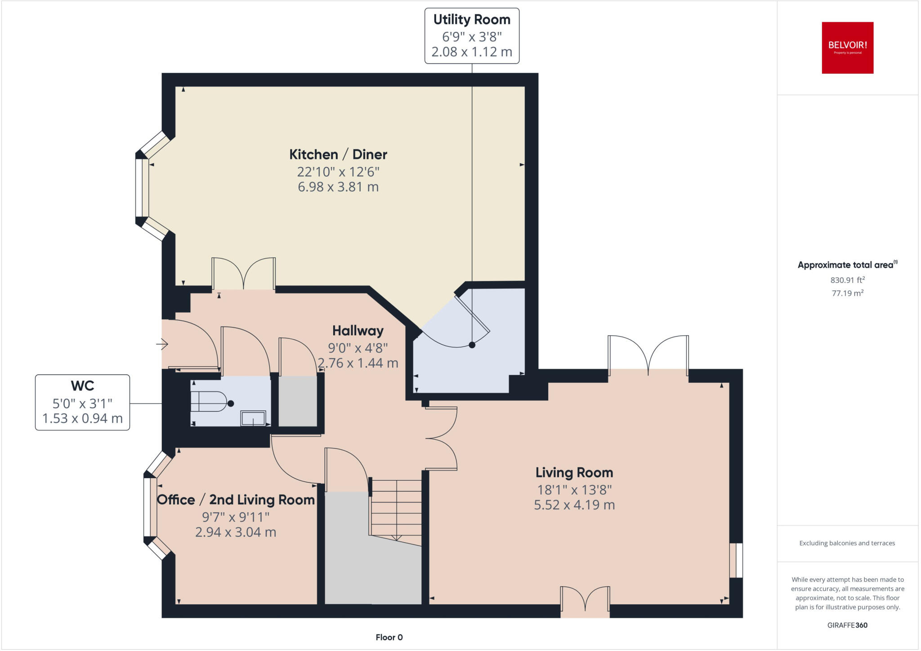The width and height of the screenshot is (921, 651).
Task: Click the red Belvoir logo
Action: [847, 48]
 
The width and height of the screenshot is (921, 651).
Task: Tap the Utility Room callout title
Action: [472, 20]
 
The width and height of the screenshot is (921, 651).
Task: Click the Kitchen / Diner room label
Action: [338, 154]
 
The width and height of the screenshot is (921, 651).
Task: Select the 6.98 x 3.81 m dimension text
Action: [338, 187]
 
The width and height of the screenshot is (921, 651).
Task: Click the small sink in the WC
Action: [253, 418]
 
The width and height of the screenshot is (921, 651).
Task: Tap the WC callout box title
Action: [82, 386]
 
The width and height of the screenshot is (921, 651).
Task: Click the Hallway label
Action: [358, 331]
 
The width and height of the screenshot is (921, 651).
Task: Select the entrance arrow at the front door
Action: [162, 345]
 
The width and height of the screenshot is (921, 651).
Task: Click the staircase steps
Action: [396, 508]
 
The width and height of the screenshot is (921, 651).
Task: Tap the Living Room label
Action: [574, 472]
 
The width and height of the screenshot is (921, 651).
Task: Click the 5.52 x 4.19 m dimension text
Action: [574, 505]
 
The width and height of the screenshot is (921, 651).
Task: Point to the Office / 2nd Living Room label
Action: [236, 500]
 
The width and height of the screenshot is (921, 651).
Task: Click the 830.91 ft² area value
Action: [847, 280]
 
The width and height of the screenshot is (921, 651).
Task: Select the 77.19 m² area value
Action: [847, 293]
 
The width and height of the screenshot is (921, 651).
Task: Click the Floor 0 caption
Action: [389, 637]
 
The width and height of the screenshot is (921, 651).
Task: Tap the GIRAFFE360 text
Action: [847, 625]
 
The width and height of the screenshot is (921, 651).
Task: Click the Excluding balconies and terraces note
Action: [847, 543]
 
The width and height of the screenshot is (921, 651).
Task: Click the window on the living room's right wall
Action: [736, 560]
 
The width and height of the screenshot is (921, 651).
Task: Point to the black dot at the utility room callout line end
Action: [472, 345]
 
